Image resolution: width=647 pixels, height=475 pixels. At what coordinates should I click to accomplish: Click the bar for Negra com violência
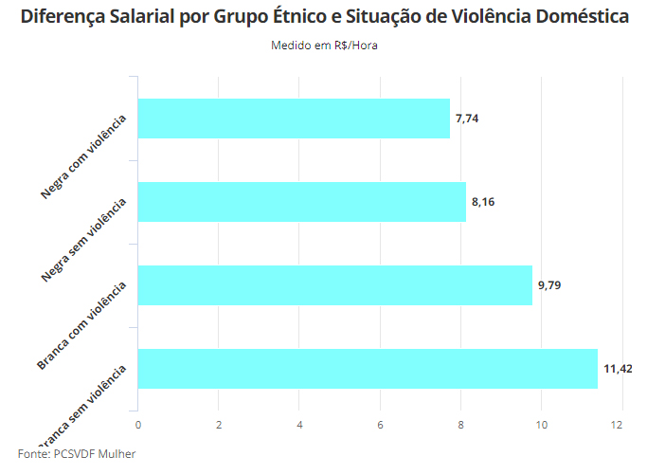click(294, 119)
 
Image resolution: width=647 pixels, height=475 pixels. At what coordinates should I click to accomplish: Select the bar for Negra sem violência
click(301, 202)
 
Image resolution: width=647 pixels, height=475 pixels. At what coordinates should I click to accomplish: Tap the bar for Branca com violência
click(334, 284)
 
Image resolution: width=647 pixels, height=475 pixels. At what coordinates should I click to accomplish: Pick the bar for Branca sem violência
click(368, 368)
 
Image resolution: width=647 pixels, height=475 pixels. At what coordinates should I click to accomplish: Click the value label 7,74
click(467, 119)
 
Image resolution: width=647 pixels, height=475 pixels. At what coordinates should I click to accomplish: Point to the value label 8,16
click(483, 202)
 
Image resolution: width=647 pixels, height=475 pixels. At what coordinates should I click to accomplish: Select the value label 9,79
click(549, 284)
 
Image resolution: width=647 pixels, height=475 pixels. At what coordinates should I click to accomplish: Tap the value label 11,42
click(618, 368)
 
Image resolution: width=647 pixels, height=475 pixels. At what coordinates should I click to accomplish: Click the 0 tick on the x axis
click(138, 424)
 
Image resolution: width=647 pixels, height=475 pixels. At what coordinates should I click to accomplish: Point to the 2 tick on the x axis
click(219, 424)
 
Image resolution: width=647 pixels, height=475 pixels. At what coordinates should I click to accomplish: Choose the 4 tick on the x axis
click(299, 424)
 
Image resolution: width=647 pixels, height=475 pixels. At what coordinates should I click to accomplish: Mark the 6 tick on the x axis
click(380, 424)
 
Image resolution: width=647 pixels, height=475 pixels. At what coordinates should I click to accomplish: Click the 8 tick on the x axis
click(461, 424)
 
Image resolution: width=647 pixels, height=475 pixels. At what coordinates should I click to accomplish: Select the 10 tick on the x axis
click(542, 424)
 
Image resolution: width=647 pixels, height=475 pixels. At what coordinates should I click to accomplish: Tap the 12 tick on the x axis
click(621, 424)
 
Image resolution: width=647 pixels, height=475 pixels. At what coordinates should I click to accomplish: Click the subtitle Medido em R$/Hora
click(324, 46)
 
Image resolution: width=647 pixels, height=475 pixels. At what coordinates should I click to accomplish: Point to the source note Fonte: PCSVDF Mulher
click(77, 454)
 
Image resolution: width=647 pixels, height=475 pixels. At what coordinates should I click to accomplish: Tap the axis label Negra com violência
click(84, 157)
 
